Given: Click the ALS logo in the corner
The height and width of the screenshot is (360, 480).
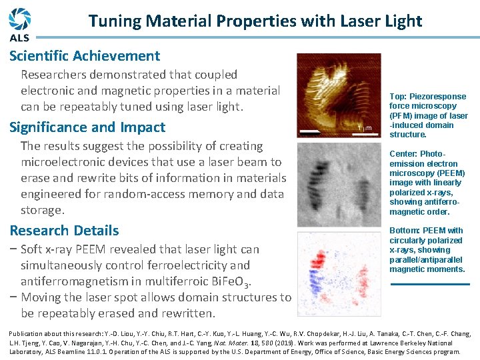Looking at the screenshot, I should (x=20, y=23).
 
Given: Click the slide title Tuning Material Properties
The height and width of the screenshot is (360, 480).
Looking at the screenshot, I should (x=255, y=21).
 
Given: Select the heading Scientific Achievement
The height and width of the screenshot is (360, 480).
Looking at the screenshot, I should (x=85, y=56).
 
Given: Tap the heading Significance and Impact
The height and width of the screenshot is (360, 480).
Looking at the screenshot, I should (x=87, y=127).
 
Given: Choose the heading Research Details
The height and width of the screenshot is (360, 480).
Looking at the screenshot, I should (x=64, y=231).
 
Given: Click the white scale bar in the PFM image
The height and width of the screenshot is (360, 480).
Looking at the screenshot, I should (x=312, y=131).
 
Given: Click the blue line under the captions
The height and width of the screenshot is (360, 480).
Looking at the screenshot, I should (x=429, y=285).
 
